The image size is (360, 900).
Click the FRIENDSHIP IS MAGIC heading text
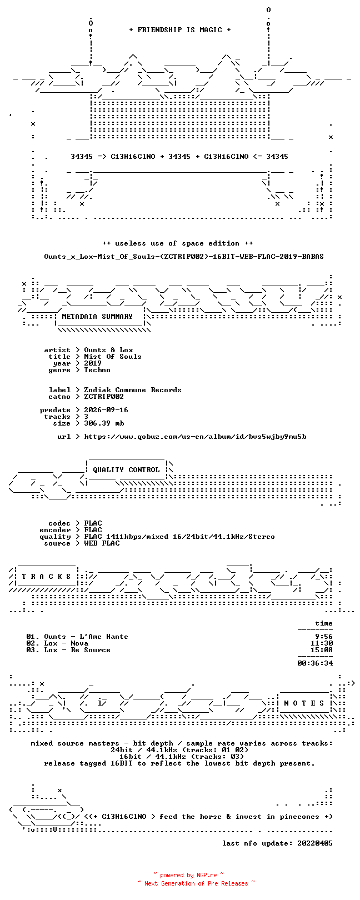[179, 30]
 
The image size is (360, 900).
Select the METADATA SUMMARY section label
[97, 317]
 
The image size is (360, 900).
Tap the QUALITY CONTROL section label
[126, 470]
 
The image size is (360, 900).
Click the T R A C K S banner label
[46, 577]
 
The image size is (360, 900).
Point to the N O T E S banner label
[304, 703]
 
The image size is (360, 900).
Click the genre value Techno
[97, 370]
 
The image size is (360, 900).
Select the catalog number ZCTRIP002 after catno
[104, 397]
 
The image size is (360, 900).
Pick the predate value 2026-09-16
[106, 410]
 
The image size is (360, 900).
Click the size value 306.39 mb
[104, 423]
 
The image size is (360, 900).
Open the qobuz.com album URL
[195, 437]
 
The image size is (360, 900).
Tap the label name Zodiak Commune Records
[133, 390]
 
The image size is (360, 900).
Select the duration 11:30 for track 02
[322, 643]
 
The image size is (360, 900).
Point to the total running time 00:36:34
[316, 663]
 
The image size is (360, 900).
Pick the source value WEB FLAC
[102, 543]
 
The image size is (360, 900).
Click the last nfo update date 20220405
[315, 843]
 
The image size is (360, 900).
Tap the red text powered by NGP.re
[188, 875]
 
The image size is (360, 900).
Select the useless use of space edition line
[177, 243]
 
